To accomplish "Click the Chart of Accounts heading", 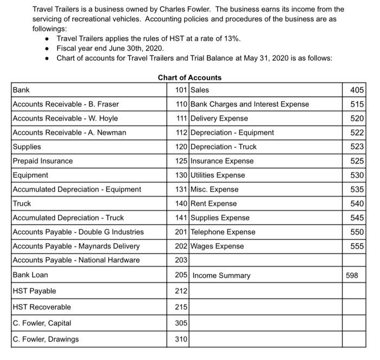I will point(189,78).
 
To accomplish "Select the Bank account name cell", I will point(22,90).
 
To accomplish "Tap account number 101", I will point(181,90).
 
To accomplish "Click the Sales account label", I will point(200,90).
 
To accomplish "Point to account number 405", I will point(358,90).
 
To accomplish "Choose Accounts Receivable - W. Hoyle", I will point(65,118).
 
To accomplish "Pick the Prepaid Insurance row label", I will point(42,161).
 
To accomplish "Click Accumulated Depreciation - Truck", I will point(68,218).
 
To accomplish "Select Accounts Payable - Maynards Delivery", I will point(76,246).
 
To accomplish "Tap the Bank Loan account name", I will point(30,275).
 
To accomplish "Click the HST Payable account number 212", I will point(181,291).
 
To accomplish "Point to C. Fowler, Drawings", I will point(46,339).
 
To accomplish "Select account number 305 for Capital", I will point(181,323).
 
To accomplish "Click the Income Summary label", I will point(221,275).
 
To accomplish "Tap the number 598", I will point(352,275).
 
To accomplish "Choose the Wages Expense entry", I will point(217,246).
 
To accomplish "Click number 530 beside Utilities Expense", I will point(358,175).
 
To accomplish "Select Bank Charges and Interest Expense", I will point(250,104).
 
